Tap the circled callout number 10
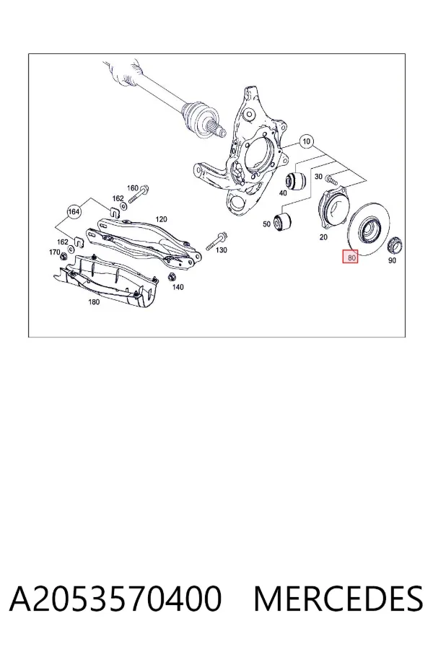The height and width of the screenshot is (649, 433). coord(306,141)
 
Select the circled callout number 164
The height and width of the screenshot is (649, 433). coord(74,212)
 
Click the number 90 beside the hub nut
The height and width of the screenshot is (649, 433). coord(392,260)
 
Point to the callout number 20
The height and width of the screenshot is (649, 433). coord(323,237)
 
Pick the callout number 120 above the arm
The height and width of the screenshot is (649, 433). coord(161,219)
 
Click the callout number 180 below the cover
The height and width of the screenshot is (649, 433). coord(94,302)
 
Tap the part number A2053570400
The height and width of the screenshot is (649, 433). coord(115,599)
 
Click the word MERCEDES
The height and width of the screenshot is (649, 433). coord(338,599)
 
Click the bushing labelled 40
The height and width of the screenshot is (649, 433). coord(297,180)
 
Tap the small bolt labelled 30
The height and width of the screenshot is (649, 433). coord(331,180)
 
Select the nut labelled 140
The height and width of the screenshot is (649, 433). coord(170,276)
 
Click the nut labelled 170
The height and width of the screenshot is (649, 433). coord(64,257)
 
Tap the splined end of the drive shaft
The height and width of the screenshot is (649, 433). coord(218,130)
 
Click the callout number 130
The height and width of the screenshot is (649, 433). coord(222,250)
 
